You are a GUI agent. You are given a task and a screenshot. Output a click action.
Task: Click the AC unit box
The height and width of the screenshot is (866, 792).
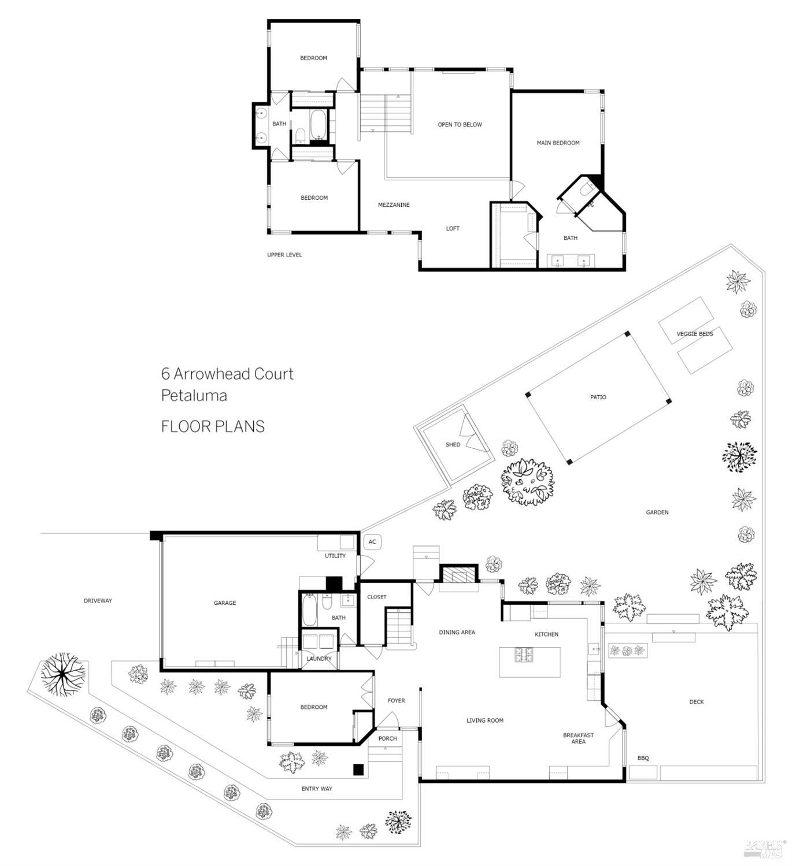pyautogui.click(x=372, y=542)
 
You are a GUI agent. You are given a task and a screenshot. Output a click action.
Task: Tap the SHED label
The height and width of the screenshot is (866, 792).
pyautogui.click(x=453, y=444)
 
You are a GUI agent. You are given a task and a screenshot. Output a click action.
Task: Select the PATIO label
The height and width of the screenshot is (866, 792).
pyautogui.click(x=598, y=397)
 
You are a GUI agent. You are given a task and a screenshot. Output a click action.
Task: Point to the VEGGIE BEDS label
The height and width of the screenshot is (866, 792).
pyautogui.click(x=694, y=333)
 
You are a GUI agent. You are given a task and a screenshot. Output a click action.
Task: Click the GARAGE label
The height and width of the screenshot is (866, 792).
pyautogui.click(x=225, y=603)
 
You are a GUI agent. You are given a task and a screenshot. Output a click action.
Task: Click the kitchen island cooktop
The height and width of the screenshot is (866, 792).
pyautogui.click(x=525, y=655)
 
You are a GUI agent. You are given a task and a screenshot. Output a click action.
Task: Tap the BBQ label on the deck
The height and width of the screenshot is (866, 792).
pyautogui.click(x=643, y=758)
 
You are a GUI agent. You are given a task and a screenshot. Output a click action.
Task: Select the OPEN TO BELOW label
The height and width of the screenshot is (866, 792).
pyautogui.click(x=460, y=124)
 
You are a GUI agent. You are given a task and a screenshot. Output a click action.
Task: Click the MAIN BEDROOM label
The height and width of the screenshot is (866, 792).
pyautogui.click(x=558, y=143)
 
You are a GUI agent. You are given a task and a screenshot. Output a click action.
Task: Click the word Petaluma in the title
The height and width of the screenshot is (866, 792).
pyautogui.click(x=194, y=396)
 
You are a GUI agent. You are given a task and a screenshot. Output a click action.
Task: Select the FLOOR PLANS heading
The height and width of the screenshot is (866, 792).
pyautogui.click(x=213, y=426)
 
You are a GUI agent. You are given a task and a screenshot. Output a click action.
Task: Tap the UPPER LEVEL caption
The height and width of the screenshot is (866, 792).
pyautogui.click(x=284, y=255)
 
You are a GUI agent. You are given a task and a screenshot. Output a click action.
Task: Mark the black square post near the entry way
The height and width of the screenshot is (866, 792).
pyautogui.click(x=358, y=769)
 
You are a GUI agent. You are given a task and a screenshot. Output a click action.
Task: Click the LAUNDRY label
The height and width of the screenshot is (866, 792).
pyautogui.click(x=319, y=659)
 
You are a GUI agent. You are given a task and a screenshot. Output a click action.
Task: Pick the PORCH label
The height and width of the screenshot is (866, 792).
pyautogui.click(x=387, y=738)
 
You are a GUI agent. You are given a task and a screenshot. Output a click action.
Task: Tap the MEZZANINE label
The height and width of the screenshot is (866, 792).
pyautogui.click(x=394, y=205)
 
